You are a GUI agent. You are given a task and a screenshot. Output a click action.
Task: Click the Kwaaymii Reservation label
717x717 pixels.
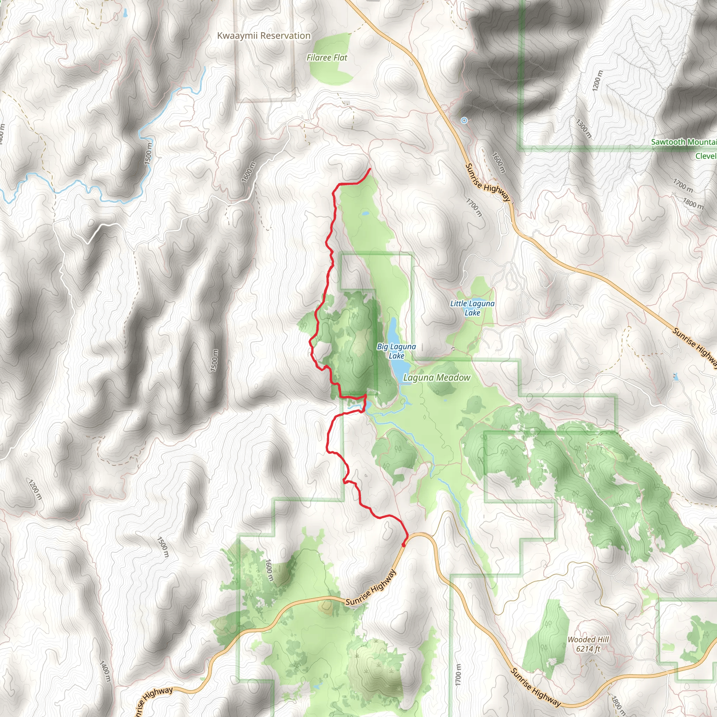tap(264, 36)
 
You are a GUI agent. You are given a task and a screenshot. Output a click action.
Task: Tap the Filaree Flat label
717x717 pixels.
tap(327, 57)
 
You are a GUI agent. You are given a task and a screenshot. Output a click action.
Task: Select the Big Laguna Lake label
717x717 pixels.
tap(396, 351)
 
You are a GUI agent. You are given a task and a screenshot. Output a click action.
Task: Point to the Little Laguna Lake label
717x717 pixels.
tap(472, 308)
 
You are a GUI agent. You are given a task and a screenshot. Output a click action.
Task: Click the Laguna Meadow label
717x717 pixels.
tap(437, 377)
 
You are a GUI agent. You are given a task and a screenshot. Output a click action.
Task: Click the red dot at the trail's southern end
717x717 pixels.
tap(403, 545)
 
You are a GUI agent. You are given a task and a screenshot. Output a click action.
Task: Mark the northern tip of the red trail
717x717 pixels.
tap(370, 169)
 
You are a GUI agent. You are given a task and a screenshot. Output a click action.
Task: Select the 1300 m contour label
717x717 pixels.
tap(583, 128)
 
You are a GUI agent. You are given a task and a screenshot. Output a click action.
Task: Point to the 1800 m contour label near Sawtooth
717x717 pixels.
tap(693, 203)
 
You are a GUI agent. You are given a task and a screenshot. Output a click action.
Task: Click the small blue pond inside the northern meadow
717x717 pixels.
tap(366, 214)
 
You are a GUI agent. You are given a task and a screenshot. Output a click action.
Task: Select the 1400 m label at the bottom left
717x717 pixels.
tap(105, 670)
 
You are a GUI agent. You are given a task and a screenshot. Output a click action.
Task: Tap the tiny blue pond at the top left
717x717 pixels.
tap(125, 14)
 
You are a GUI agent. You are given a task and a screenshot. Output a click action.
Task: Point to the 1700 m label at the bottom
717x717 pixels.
tap(458, 675)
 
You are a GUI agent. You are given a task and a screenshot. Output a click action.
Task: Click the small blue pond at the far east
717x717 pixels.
tap(675, 377)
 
